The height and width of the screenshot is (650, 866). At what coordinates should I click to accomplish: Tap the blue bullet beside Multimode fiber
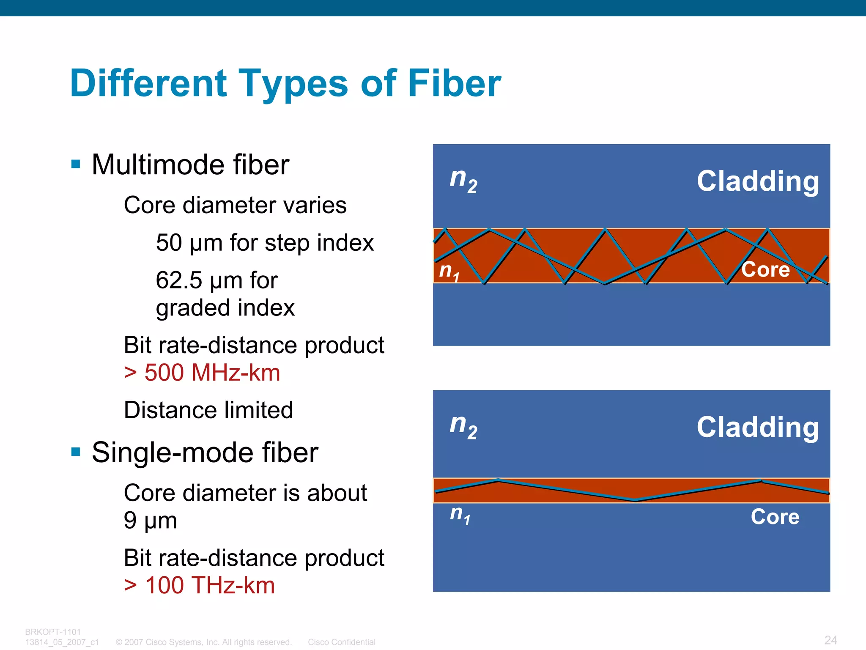76,164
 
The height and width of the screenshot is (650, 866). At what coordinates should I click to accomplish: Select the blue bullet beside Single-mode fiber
76,452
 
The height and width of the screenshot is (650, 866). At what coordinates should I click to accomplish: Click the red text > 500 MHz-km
202,373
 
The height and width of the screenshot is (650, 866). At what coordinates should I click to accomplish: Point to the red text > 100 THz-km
200,585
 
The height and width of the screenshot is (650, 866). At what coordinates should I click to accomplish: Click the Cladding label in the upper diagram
758,181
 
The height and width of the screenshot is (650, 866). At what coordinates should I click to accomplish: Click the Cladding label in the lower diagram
758,427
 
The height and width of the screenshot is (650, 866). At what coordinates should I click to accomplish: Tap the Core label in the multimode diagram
765,269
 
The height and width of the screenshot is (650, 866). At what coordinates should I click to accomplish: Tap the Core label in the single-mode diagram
775,516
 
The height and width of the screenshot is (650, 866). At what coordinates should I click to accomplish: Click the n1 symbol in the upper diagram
449,271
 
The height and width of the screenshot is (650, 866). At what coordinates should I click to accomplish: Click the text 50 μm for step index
265,243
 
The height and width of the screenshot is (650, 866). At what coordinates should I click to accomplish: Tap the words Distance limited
208,410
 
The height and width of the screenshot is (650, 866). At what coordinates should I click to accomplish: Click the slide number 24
830,640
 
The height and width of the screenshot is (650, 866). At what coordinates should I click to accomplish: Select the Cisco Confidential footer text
342,642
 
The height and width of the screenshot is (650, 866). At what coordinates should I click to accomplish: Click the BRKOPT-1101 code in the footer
53,632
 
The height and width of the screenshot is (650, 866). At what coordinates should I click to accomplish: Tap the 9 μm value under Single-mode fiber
150,520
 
